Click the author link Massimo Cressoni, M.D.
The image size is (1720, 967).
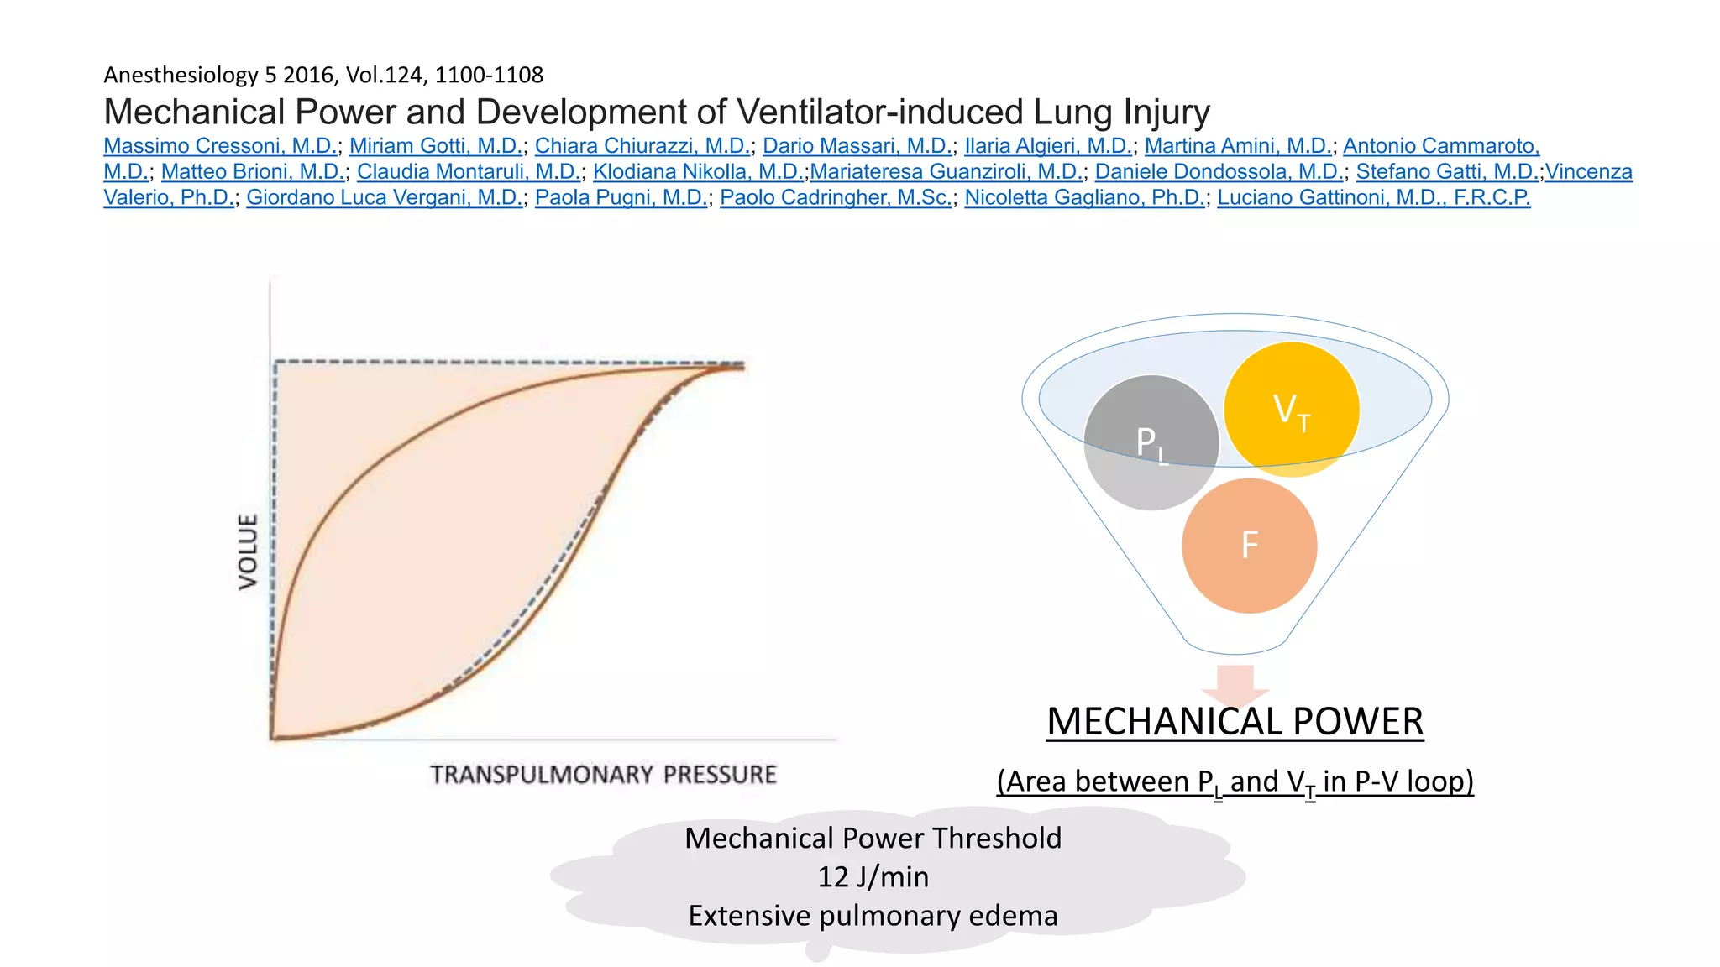[x=220, y=146]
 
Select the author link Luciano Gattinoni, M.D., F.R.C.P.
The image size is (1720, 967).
[x=1373, y=198]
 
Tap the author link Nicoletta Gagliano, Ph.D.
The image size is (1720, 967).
[x=1083, y=198]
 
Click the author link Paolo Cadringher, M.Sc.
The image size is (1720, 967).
[x=836, y=198]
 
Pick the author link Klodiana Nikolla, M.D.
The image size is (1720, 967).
[x=697, y=172]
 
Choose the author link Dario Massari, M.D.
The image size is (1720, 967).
[x=857, y=146]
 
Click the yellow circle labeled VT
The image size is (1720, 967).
[x=1292, y=410]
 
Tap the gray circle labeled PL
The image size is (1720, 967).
[x=1151, y=442]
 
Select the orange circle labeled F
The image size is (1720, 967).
[x=1249, y=546]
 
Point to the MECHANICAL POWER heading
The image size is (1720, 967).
[x=1235, y=722]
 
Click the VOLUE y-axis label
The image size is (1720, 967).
[x=249, y=551]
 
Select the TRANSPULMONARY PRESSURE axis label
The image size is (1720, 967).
[x=603, y=775]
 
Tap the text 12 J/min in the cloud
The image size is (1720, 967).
[x=873, y=877]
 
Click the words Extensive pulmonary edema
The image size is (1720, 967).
[x=873, y=916]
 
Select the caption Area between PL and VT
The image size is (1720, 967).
[x=1235, y=781]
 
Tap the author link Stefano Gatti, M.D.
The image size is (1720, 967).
[x=1446, y=172]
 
